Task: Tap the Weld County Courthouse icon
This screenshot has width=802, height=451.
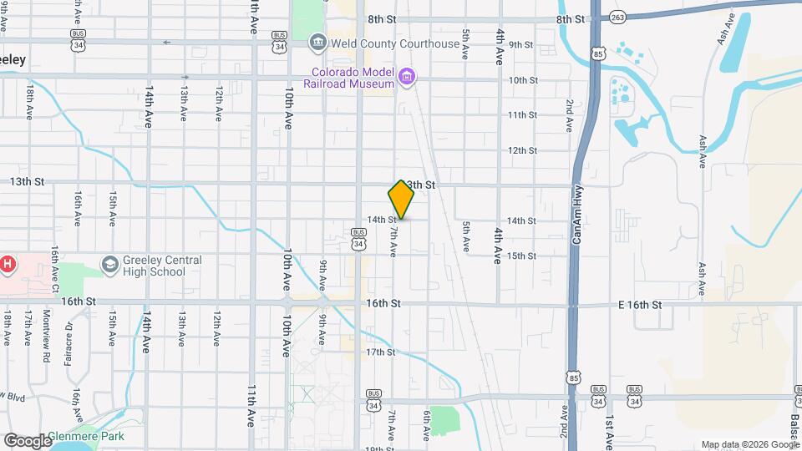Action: (317, 43)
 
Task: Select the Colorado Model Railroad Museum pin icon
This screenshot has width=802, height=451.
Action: (407, 79)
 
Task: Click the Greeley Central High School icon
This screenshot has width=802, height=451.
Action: (109, 266)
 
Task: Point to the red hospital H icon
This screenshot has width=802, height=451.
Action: (8, 265)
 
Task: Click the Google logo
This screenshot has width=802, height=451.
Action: (28, 441)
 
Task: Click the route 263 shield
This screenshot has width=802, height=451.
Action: (617, 17)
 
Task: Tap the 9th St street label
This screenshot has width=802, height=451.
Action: (521, 44)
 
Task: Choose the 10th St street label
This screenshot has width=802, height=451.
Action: (523, 80)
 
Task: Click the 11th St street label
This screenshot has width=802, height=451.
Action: (522, 115)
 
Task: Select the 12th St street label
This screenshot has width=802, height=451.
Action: (522, 150)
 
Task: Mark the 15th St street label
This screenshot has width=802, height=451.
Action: (520, 256)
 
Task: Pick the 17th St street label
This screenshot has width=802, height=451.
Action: (380, 352)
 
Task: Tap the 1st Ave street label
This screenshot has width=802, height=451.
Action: (611, 426)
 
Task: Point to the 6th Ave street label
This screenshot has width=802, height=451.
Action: (426, 423)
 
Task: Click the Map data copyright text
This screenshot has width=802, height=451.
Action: (749, 443)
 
